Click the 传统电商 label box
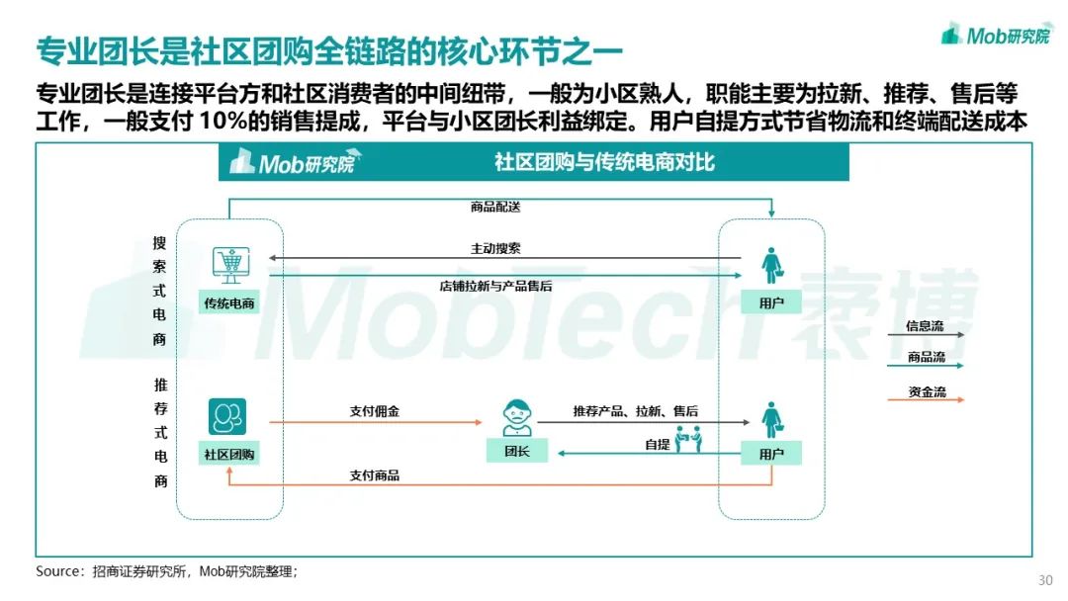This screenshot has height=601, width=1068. click(229, 302)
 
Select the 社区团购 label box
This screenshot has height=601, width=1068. click(229, 454)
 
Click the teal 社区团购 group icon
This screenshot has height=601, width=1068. click(226, 416)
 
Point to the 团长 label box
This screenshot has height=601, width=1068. click(517, 451)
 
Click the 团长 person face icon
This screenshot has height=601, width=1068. click(517, 417)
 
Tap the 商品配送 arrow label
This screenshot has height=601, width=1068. click(495, 207)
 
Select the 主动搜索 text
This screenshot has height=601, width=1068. click(495, 248)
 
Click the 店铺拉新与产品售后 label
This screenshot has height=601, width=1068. click(495, 286)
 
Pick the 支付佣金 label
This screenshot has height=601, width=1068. click(375, 411)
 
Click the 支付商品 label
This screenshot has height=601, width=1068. click(375, 475)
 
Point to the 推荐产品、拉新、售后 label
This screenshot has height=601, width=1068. click(636, 411)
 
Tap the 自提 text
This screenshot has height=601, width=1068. click(658, 445)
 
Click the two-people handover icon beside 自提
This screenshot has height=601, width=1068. click(688, 439)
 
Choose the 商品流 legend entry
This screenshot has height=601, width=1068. click(925, 360)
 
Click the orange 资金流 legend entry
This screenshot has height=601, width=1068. click(925, 393)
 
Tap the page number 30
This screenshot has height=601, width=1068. click(1045, 580)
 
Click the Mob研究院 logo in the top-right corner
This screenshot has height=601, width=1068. click(996, 34)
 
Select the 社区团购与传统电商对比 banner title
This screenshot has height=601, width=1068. click(604, 162)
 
